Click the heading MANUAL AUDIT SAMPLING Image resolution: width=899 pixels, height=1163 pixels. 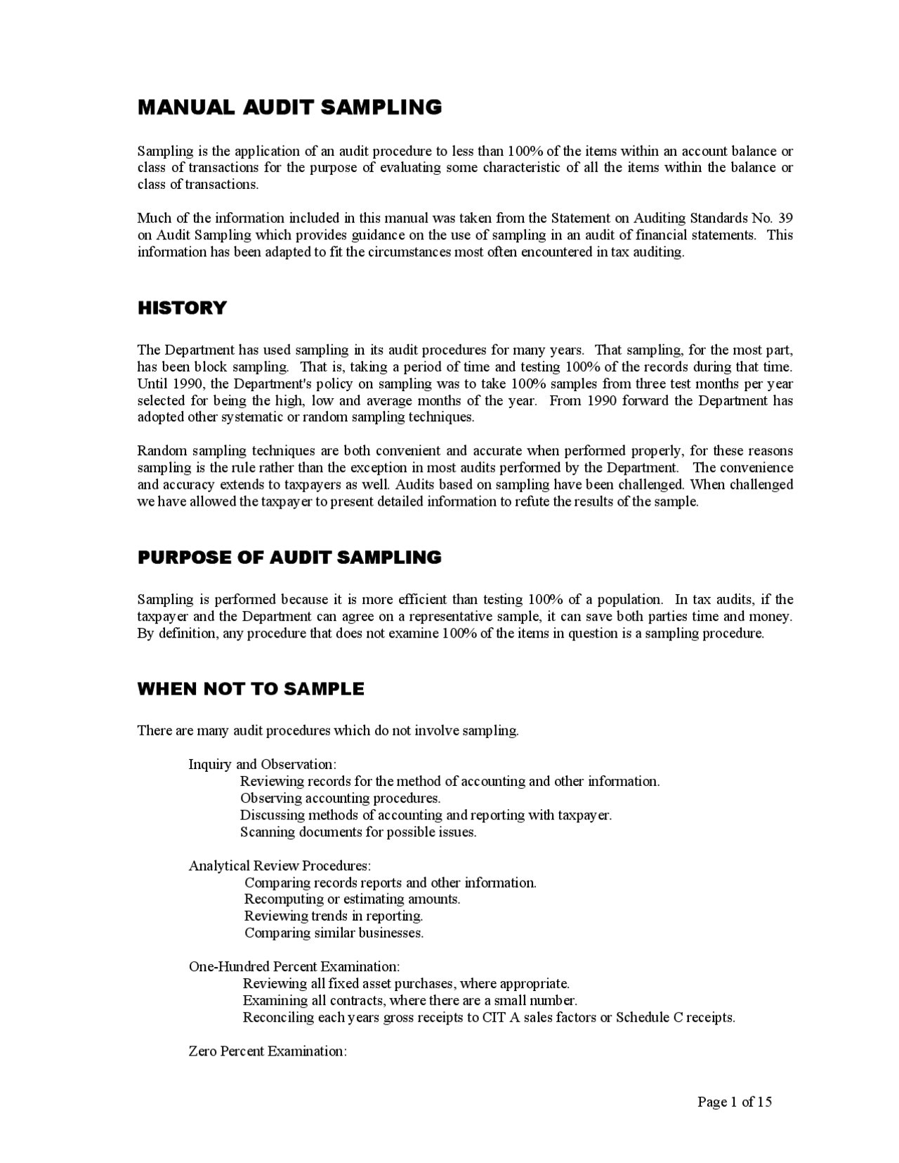tap(289, 107)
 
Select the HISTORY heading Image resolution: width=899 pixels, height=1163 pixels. tap(182, 308)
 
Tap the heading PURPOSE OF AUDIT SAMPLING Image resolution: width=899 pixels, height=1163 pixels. tap(289, 558)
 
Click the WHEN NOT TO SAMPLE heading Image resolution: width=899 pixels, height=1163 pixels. tap(251, 689)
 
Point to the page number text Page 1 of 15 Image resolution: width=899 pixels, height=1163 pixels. tap(734, 1101)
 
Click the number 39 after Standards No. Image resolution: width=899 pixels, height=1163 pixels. tap(785, 218)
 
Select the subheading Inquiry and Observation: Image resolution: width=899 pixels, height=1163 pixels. tap(262, 764)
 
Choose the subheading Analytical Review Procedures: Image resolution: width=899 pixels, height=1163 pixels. tap(280, 865)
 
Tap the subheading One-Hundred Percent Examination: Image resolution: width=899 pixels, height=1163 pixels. tap(294, 966)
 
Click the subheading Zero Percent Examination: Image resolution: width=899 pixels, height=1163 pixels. tap(268, 1051)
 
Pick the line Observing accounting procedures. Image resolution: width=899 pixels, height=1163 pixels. tap(340, 798)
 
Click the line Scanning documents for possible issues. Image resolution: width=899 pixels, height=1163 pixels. tap(358, 832)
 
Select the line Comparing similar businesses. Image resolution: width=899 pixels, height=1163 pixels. tap(334, 933)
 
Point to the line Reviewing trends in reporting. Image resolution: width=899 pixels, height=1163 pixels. tap(334, 916)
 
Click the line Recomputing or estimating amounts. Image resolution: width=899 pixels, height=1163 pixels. tap(352, 899)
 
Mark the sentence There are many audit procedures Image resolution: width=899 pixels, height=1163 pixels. tap(327, 730)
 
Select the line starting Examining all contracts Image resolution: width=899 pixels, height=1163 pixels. tap(409, 1000)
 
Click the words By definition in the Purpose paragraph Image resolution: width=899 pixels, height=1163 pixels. tap(166, 633)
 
